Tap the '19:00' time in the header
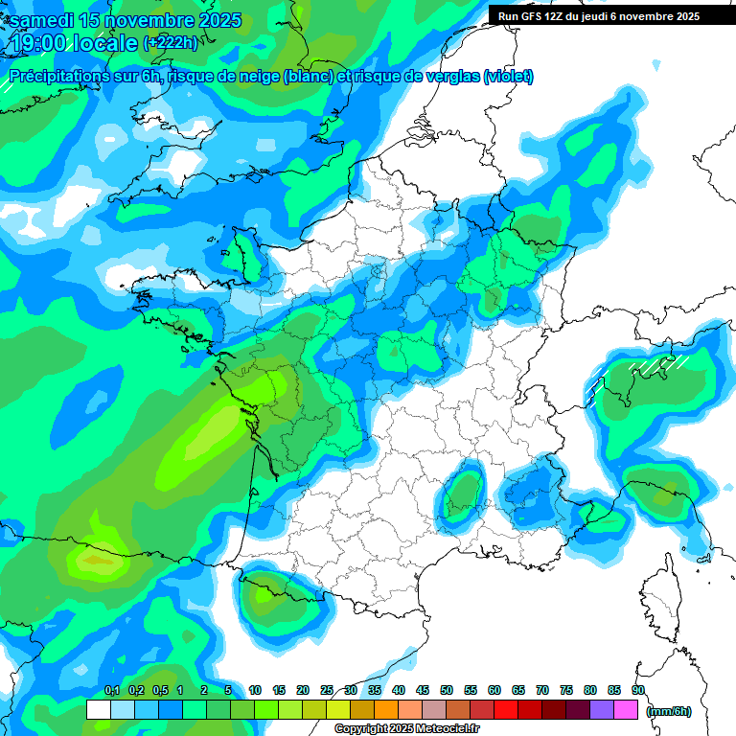pos(40,43)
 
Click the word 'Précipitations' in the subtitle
pos(58,77)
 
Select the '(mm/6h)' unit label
pos(669,711)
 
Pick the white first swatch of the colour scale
pos(98,710)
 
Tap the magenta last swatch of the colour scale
pos(626,710)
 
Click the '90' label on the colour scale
pos(638,691)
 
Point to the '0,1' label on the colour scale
pos(111,691)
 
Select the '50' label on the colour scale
pos(447,691)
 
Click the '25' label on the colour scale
pos(327,691)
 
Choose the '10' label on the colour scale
pos(255,691)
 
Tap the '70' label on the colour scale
pos(542,691)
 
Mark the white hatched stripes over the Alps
pos(661,365)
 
